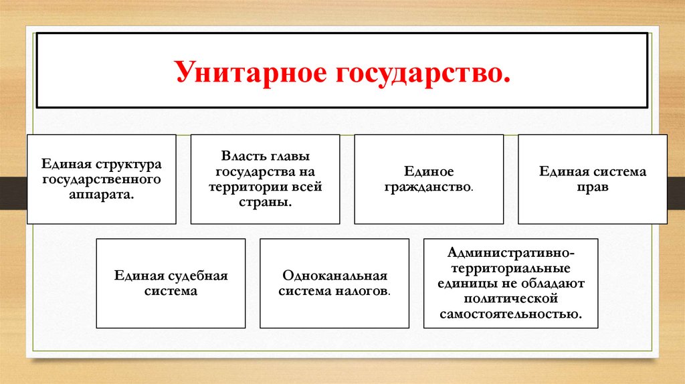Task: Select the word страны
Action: point(265,202)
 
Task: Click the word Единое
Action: point(428,172)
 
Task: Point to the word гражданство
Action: point(428,187)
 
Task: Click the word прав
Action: point(593,187)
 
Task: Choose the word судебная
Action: point(197,276)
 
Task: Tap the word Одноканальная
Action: point(334,276)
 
